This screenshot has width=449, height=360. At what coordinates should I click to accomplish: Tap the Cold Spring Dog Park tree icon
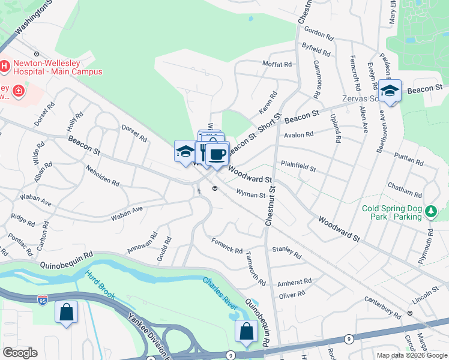coord(430,211)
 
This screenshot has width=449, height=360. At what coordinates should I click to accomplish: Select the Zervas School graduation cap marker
coord(390,91)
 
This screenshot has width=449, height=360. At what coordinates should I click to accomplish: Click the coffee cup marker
coord(217,154)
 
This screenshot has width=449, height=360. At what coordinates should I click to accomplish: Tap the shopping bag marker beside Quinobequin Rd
coord(246,332)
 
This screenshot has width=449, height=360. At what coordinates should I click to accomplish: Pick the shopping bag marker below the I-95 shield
coord(66,313)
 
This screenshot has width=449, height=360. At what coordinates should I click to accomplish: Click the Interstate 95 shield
coord(42,298)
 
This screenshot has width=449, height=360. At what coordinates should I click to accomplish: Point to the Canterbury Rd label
coord(385,310)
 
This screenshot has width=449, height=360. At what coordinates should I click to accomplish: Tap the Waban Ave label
coord(127,211)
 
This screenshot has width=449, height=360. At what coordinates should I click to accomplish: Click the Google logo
coord(20,353)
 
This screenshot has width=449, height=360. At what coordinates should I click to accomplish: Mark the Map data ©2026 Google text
coord(411,355)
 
